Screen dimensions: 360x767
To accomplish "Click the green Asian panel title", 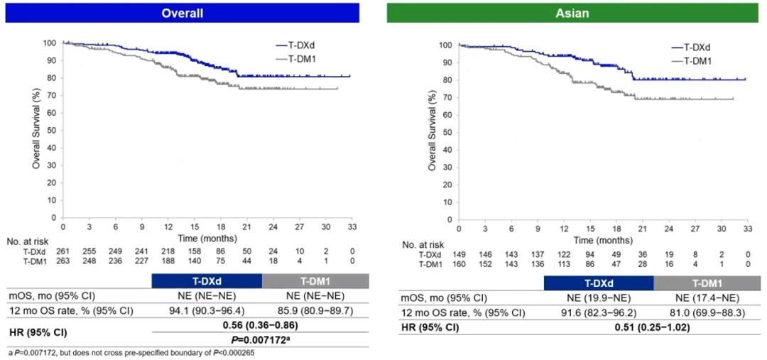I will pos(575,13).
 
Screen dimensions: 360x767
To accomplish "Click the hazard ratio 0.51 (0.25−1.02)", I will pos(653,327).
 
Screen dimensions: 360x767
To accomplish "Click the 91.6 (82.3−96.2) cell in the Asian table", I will pos(599,312).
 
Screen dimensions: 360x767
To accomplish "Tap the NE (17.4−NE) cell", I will pos(707,298).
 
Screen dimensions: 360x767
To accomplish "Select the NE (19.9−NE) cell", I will pos(599,298).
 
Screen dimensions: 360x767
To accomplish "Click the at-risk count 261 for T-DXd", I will pos(63,251).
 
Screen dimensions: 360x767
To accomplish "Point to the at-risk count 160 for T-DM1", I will pos(459,264).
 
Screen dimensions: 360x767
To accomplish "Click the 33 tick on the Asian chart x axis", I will pos(746,229).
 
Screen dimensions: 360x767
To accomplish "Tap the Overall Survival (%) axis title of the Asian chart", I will pos(432,133).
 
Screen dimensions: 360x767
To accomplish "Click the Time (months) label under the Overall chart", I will pos(207,237).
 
